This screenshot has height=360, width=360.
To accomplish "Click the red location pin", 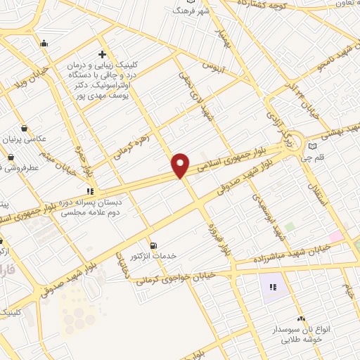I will click(x=181, y=165).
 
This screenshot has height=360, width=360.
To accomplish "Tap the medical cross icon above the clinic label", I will click(x=103, y=53).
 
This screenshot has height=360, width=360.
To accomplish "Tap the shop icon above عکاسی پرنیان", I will click(x=25, y=128).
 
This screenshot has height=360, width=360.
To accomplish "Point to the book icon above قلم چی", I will click(x=312, y=146).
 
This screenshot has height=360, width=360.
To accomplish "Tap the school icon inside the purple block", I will click(x=274, y=287).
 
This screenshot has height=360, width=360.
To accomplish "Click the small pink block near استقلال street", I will click(x=335, y=237).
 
